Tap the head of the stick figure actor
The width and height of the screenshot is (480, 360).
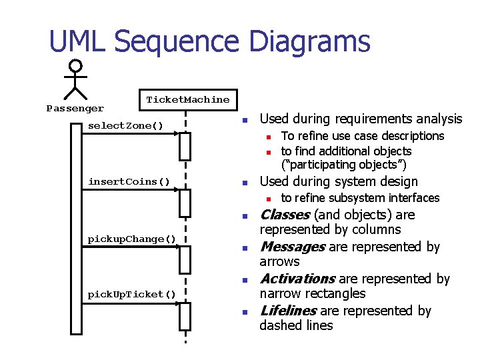pyautogui.click(x=76, y=66)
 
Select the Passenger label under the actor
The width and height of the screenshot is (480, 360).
pyautogui.click(x=75, y=108)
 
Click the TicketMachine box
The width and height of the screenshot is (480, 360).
pyautogui.click(x=187, y=100)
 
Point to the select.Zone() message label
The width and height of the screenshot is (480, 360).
pyautogui.click(x=125, y=126)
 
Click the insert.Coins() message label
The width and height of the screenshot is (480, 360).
pyautogui.click(x=129, y=182)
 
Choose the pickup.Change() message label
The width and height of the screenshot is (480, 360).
pyautogui.click(x=132, y=239)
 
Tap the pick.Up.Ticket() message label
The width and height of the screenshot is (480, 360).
pyautogui.click(x=132, y=294)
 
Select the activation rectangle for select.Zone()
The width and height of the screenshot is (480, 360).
pyautogui.click(x=185, y=147)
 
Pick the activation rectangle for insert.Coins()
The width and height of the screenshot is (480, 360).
pyautogui.click(x=185, y=203)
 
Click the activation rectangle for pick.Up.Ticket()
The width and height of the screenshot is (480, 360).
pyautogui.click(x=185, y=316)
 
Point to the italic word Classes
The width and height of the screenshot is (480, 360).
pyautogui.click(x=284, y=215)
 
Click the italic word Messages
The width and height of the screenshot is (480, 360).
pyautogui.click(x=292, y=247)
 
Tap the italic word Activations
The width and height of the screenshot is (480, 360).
pyautogui.click(x=297, y=279)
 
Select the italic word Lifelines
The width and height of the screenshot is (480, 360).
pyautogui.click(x=288, y=311)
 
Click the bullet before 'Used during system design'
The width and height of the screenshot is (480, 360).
pyautogui.click(x=245, y=183)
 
